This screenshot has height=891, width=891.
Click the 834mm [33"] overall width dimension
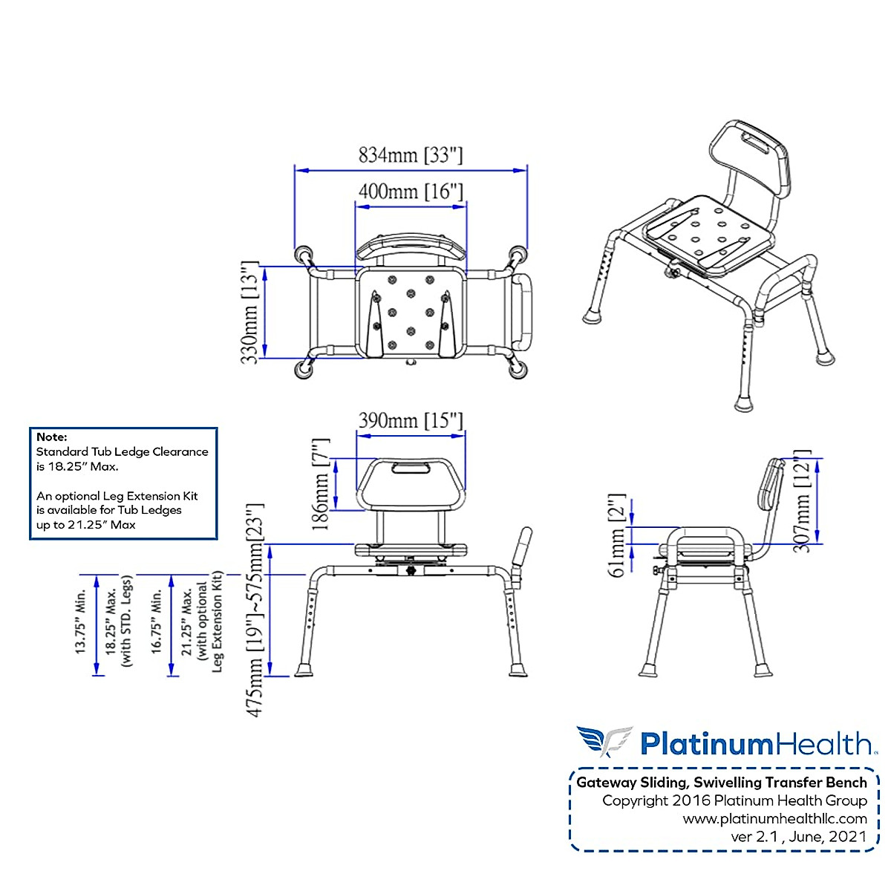[411, 155]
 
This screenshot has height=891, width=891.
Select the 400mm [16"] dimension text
[411, 192]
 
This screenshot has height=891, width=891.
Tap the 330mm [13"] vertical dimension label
[250, 312]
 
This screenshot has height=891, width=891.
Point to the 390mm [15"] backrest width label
[411, 421]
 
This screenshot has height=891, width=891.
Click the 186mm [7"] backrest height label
[321, 484]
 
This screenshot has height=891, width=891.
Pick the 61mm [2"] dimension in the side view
[618, 535]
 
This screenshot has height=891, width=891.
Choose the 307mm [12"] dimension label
[802, 501]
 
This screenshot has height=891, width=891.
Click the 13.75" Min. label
[81, 622]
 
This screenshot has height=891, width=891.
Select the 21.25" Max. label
[187, 622]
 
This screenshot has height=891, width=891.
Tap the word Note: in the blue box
[52, 437]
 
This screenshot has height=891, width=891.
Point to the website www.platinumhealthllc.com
[774, 819]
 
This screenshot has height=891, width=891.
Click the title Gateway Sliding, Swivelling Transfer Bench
[722, 783]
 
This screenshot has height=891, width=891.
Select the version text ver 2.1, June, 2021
[798, 837]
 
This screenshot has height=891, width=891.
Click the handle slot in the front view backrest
[411, 469]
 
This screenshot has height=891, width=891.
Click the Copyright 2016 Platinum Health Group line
[734, 801]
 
